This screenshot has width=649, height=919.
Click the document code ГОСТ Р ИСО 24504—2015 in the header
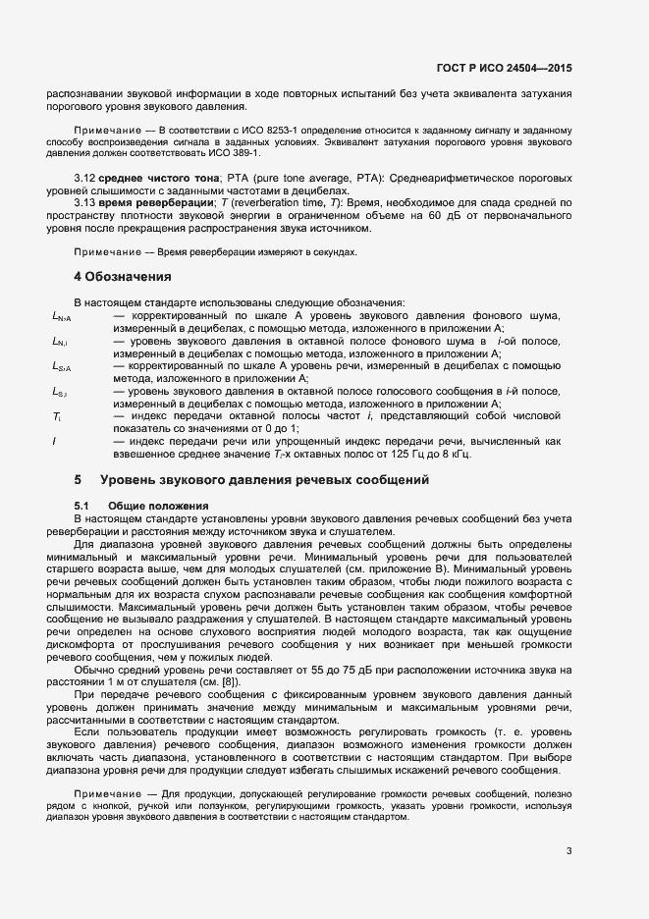(504, 69)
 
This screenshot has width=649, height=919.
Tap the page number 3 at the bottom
(569, 850)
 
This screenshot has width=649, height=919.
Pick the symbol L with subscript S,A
(61, 366)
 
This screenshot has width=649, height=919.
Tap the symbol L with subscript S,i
(60, 392)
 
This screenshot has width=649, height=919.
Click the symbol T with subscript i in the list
(57, 416)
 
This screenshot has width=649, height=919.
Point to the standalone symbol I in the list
(54, 441)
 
